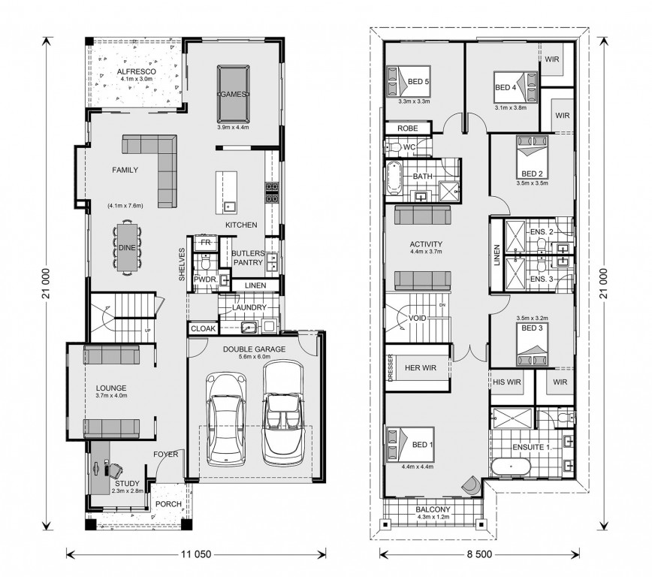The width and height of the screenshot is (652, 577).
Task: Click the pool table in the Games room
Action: (234, 94)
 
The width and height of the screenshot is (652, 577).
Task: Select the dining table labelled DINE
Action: (127, 247)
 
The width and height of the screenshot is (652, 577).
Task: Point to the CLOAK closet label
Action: (204, 328)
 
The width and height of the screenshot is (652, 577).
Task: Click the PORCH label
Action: (168, 504)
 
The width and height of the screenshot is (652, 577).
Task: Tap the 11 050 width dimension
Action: (196, 554)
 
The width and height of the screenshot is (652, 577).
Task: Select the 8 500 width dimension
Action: (478, 554)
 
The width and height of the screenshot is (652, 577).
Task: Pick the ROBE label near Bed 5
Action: (407, 128)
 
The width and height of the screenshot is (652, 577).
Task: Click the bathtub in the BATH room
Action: (394, 179)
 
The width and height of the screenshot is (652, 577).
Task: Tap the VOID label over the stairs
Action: (417, 318)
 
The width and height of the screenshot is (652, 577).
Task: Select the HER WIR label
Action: (421, 367)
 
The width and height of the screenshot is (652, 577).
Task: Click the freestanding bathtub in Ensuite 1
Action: (511, 467)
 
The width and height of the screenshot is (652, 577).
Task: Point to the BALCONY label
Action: (433, 509)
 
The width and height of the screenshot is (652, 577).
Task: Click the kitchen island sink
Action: (228, 206)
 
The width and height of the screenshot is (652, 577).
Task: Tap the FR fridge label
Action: (205, 242)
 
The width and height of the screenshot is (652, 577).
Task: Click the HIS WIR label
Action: (507, 382)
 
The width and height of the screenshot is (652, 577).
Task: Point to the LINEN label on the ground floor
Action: (255, 285)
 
